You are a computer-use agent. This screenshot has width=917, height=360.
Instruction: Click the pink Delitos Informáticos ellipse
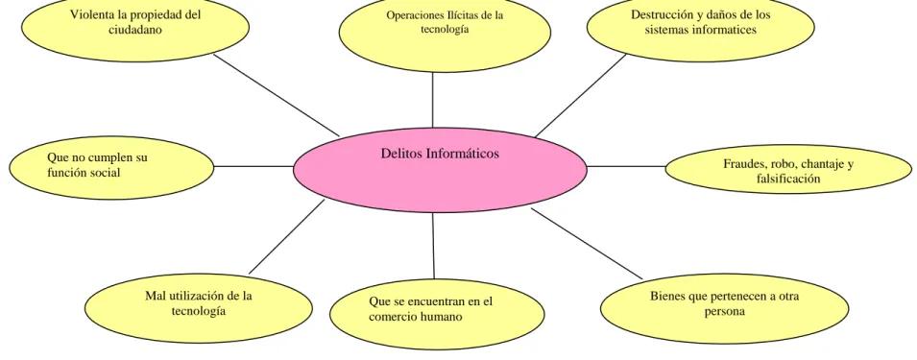click(x=440, y=170)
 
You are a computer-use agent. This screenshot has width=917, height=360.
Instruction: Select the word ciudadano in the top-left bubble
click(x=135, y=30)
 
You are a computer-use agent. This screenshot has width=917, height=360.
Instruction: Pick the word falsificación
click(x=787, y=179)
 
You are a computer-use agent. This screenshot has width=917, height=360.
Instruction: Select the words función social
click(x=83, y=173)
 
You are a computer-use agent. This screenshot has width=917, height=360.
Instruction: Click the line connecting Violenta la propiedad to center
click(x=276, y=95)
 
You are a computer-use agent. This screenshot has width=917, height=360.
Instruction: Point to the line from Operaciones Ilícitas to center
click(x=433, y=99)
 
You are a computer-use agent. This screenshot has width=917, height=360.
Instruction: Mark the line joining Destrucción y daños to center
click(x=581, y=95)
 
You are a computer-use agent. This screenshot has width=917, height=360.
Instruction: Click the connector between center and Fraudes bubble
click(x=626, y=166)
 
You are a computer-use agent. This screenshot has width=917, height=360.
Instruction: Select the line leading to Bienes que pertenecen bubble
click(x=587, y=243)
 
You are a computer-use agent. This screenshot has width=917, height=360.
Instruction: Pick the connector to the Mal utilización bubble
click(x=286, y=237)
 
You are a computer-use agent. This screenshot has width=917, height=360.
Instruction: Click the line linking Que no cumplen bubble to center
click(x=253, y=166)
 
